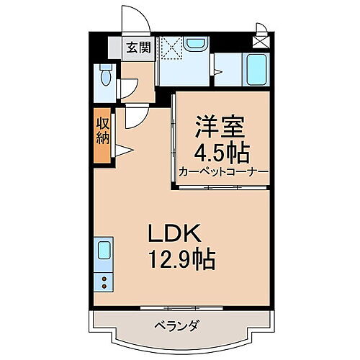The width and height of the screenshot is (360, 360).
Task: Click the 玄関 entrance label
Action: tap(138, 49)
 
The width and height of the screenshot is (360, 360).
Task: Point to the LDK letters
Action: tap(178, 234)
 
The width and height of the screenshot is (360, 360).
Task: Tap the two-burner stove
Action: tap(103, 281)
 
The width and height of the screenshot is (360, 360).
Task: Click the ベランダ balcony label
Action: tap(178, 325)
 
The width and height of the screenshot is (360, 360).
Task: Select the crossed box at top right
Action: tap(260, 42)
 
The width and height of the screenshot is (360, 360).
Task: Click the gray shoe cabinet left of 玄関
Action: tap(115, 49)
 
